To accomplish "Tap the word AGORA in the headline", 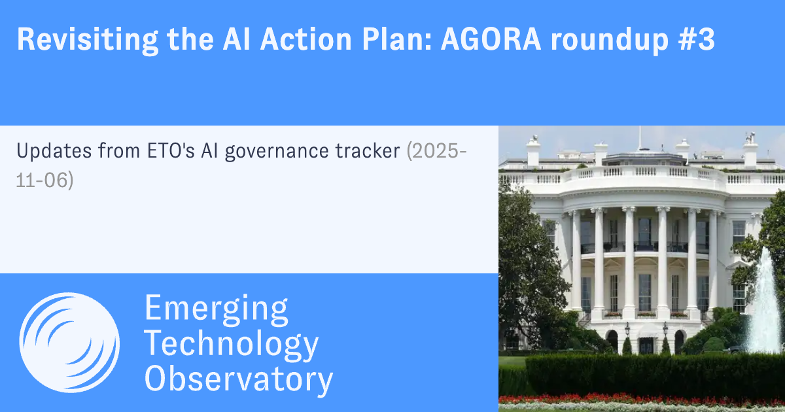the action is tap(491, 39).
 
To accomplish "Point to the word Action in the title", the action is tap(305, 39).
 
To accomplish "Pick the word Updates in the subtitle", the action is tap(54, 151).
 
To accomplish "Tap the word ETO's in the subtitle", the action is tap(171, 150).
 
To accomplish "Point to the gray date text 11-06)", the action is tap(45, 180).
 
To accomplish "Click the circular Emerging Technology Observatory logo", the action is tap(69, 342).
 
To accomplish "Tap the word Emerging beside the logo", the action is tap(217, 308).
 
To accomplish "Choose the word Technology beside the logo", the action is tap(232, 344).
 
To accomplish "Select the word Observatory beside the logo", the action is tap(239, 379).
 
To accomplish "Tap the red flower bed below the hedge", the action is tap(641, 400).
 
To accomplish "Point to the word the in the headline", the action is tap(190, 39).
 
